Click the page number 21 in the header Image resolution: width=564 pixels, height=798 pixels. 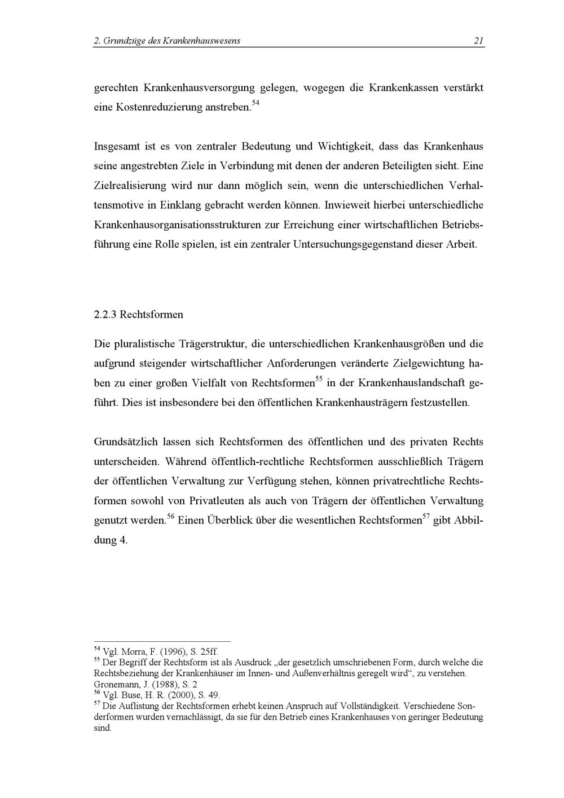point(478,40)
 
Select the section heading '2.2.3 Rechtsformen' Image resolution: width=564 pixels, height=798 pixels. point(138,314)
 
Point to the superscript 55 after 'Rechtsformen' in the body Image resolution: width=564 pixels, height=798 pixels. point(318,379)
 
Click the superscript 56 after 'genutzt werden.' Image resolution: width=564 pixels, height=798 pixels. point(171,516)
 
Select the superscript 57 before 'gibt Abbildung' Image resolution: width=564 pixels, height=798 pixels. point(427,516)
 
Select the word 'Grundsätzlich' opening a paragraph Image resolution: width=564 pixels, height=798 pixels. point(126,442)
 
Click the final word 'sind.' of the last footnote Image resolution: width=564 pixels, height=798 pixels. point(103,728)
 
